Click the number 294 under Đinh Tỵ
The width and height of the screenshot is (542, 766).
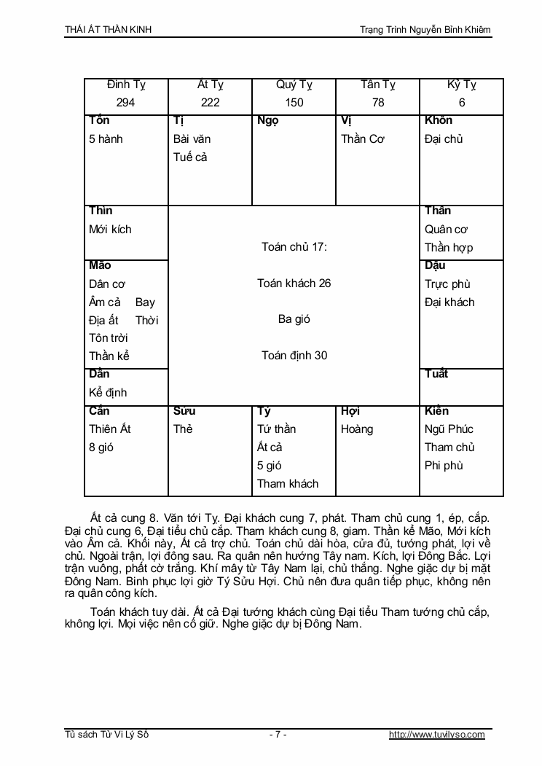pyautogui.click(x=125, y=103)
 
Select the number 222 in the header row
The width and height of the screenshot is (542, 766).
pyautogui.click(x=210, y=103)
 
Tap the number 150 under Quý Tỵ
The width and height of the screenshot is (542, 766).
pyautogui.click(x=294, y=103)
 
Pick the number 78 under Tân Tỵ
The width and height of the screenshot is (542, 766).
pyautogui.click(x=378, y=103)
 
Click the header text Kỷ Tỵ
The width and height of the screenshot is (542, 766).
pyautogui.click(x=462, y=85)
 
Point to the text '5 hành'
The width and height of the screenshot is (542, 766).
pyautogui.click(x=106, y=138)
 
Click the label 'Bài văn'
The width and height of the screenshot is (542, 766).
pyautogui.click(x=192, y=138)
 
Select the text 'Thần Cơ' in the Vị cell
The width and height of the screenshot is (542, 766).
pyautogui.click(x=363, y=138)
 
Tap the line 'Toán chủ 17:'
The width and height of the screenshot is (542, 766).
pyautogui.click(x=294, y=247)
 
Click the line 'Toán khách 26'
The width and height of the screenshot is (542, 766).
pyautogui.click(x=294, y=284)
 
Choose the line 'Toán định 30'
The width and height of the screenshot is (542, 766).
pyautogui.click(x=294, y=356)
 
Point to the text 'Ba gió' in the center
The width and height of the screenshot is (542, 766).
pyautogui.click(x=294, y=319)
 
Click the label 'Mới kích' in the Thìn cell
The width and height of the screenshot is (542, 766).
pyautogui.click(x=110, y=229)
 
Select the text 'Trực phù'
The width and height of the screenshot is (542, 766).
pyautogui.click(x=447, y=284)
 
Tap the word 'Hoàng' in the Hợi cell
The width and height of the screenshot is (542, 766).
pyautogui.click(x=357, y=429)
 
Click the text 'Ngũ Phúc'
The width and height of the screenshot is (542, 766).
pyautogui.click(x=449, y=429)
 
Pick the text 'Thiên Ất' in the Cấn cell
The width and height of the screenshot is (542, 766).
pyautogui.click(x=110, y=429)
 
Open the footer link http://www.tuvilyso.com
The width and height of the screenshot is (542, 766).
pyautogui.click(x=436, y=735)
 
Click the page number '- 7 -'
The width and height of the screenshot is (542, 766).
pyautogui.click(x=278, y=735)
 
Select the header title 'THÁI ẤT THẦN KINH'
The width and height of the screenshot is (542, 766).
pyautogui.click(x=109, y=29)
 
